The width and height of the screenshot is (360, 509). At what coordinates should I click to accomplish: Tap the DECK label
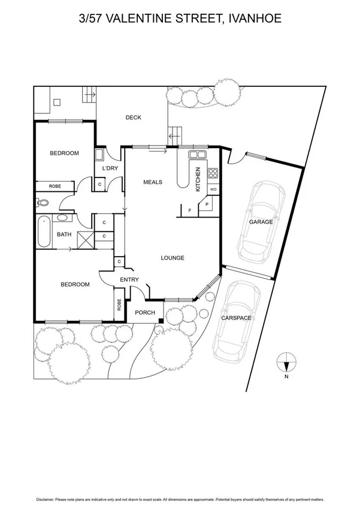pyautogui.click(x=133, y=118)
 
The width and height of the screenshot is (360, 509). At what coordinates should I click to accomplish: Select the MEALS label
pyautogui.click(x=153, y=182)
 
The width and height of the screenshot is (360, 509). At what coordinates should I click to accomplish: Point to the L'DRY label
pyautogui.click(x=110, y=169)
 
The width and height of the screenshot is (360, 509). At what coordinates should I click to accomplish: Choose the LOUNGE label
pyautogui.click(x=173, y=258)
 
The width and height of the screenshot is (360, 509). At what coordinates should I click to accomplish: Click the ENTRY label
pyautogui.click(x=129, y=280)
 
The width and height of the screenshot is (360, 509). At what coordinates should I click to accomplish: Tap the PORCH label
pyautogui.click(x=145, y=312)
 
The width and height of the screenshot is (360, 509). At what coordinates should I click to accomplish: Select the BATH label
pyautogui.click(x=64, y=235)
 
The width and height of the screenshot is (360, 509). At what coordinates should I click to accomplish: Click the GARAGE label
pyautogui.click(x=261, y=222)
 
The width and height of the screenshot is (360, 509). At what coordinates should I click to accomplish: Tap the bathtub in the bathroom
pyautogui.click(x=44, y=233)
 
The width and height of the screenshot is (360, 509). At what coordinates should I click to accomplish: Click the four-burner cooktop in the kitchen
pyautogui.click(x=213, y=174)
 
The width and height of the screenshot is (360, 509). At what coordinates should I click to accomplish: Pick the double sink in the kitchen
pyautogui.click(x=197, y=155)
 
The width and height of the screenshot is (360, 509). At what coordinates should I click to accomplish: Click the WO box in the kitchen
pyautogui.click(x=213, y=189)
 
